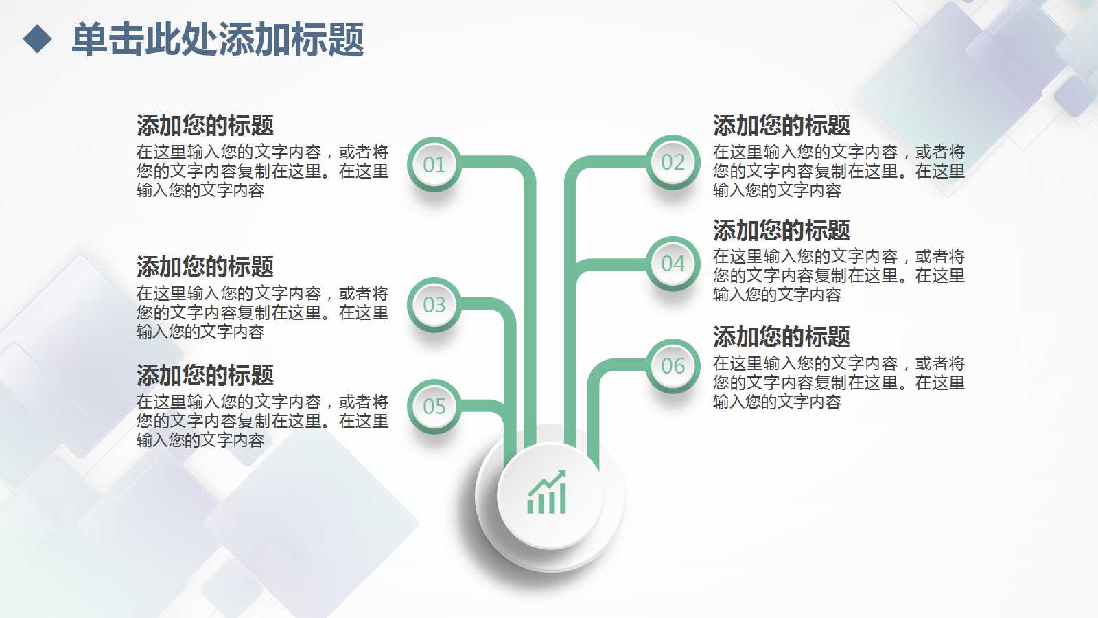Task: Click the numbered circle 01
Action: [434, 165]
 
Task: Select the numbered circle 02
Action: [673, 162]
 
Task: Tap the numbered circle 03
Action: [434, 305]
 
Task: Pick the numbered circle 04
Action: [673, 264]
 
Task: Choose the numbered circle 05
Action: [434, 407]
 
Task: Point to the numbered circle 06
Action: [673, 365]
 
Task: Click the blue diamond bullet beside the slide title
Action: [37, 39]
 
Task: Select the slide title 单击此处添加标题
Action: [218, 39]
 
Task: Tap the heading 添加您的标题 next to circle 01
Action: [205, 126]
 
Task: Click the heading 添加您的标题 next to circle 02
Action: [781, 126]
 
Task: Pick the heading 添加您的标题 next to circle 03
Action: [205, 266]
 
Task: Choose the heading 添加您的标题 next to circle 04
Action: [781, 231]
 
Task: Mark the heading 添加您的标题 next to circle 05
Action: [205, 375]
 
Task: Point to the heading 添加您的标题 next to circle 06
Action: [781, 337]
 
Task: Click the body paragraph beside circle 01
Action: [262, 171]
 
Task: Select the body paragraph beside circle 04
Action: [839, 275]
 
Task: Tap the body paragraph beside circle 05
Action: [262, 421]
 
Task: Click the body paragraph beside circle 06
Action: [839, 382]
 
